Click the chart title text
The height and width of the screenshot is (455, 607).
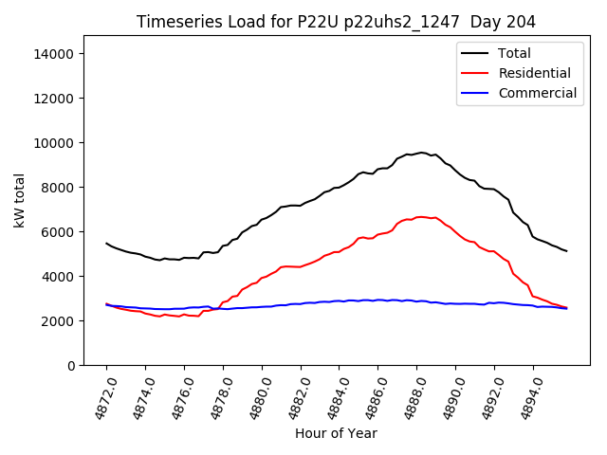(336, 22)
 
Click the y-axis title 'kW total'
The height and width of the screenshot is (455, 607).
(20, 200)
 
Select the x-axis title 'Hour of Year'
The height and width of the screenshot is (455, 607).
(336, 433)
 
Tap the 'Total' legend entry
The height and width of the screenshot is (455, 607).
(515, 53)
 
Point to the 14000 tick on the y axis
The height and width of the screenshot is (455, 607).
(55, 54)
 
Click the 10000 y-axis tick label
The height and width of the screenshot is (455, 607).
(55, 143)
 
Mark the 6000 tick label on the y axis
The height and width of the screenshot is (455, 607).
(59, 232)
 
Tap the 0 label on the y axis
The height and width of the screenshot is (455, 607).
(71, 366)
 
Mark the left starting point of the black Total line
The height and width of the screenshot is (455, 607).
(106, 243)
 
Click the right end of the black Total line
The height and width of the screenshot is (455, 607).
(566, 251)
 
